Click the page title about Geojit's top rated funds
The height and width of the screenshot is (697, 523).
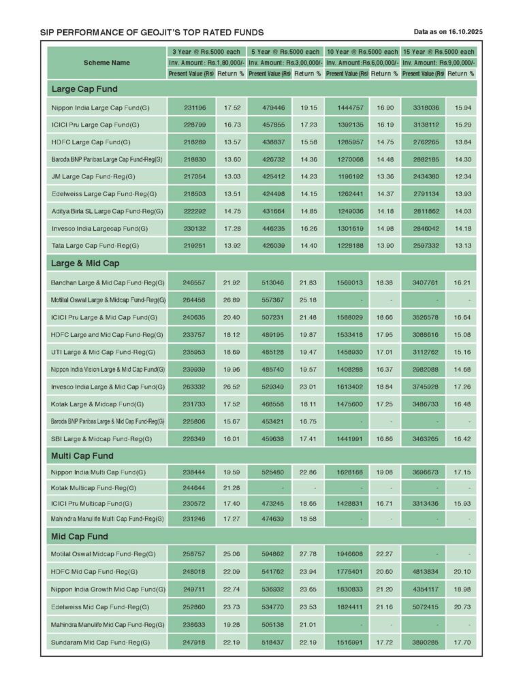click(x=152, y=32)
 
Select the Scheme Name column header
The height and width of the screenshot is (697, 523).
click(x=107, y=63)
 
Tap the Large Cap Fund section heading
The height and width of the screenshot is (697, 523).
click(x=84, y=89)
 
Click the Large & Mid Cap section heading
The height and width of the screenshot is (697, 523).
click(x=85, y=263)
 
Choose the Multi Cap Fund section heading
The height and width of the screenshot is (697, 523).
click(x=82, y=455)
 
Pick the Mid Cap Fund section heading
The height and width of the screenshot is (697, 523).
click(x=80, y=536)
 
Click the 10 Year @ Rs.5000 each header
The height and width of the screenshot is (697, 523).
click(x=362, y=52)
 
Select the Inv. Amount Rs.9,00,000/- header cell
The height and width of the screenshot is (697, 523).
click(x=439, y=63)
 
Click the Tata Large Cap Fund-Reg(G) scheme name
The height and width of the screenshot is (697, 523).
click(x=95, y=245)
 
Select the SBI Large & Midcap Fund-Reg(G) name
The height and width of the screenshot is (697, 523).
click(x=102, y=439)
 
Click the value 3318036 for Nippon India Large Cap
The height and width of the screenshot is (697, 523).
click(x=426, y=108)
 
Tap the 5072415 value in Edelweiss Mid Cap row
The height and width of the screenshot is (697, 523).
click(x=426, y=606)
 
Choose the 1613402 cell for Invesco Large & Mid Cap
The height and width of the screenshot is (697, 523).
click(x=349, y=387)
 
